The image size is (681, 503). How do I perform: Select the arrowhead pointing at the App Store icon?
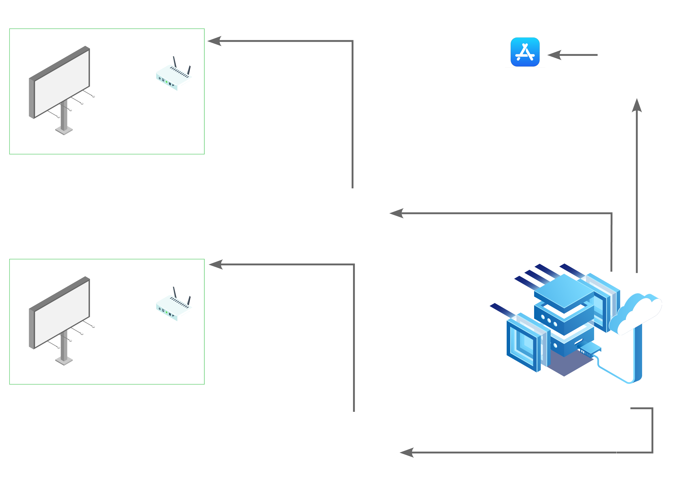(554, 55)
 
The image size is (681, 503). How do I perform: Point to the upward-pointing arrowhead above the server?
(637, 106)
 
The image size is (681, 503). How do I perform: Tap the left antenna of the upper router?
(175, 62)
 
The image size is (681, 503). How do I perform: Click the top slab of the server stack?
(564, 292)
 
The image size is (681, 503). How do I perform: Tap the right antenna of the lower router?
(189, 300)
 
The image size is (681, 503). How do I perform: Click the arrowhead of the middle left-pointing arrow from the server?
(397, 213)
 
